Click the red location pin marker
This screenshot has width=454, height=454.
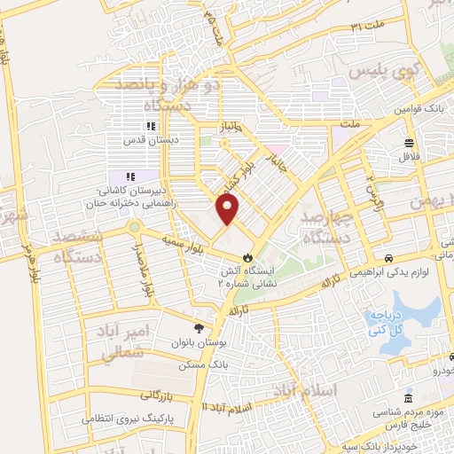228,208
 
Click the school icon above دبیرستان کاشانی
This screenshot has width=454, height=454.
130,176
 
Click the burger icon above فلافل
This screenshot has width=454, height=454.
409,143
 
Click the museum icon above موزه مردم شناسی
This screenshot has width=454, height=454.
408,397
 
